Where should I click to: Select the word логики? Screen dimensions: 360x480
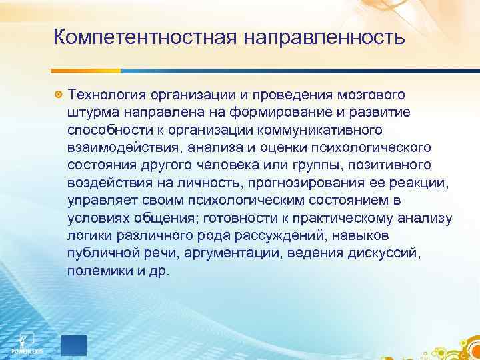pyautogui.click(x=86, y=235)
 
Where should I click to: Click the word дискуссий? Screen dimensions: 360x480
pyautogui.click(x=394, y=253)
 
